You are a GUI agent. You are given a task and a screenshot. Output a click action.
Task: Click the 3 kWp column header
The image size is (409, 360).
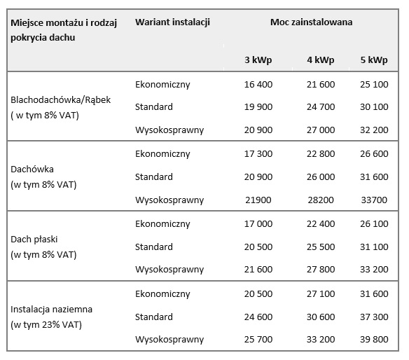258,60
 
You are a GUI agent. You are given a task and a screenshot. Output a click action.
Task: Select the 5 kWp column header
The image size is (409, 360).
374,60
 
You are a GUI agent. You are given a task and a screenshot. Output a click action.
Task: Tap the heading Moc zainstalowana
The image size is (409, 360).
311,22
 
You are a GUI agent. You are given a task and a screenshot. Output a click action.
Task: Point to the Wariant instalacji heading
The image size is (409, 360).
172,22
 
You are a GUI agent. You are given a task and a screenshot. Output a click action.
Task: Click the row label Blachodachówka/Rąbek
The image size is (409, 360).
60,100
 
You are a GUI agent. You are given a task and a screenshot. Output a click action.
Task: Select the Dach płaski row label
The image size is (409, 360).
34,240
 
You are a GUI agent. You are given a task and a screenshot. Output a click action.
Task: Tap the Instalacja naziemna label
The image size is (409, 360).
51,310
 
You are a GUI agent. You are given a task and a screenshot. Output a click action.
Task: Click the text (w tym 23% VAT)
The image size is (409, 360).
46,325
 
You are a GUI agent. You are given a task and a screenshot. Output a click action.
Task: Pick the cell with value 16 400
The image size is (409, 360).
258,85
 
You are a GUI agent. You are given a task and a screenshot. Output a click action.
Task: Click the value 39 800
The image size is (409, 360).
374,340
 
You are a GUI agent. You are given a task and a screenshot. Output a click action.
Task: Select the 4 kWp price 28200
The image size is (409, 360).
321,200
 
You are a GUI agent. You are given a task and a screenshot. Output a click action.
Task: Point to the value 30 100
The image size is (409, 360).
374,107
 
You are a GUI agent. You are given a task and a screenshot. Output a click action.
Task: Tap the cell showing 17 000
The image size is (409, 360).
258,224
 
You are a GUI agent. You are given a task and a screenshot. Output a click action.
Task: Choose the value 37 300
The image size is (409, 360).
374,317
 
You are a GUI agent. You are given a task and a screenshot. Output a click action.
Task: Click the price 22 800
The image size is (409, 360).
321,154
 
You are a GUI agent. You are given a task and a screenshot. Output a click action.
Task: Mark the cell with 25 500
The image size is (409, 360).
321,247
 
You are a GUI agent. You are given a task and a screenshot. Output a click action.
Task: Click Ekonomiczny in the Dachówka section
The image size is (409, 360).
162,154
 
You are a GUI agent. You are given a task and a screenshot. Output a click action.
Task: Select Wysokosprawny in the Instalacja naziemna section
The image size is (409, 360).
169,340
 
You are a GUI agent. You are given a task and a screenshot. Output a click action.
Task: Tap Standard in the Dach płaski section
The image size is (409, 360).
154,247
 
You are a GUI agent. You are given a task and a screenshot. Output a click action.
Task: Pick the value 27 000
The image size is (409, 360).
321,130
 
